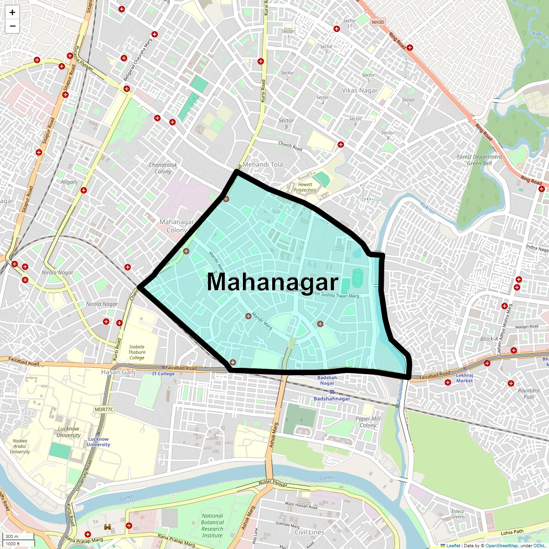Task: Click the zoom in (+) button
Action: pyautogui.click(x=12, y=13)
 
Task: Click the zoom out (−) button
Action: pyautogui.click(x=12, y=26)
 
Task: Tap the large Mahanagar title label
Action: pyautogui.click(x=273, y=282)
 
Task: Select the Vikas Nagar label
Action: pyautogui.click(x=360, y=91)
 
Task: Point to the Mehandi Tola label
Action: pyautogui.click(x=263, y=164)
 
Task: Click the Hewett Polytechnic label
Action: pyautogui.click(x=305, y=187)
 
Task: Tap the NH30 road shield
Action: pyautogui.click(x=378, y=22)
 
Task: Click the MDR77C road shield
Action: pyautogui.click(x=103, y=409)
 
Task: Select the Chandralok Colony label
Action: pyautogui.click(x=163, y=168)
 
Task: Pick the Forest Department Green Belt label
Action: pyautogui.click(x=479, y=160)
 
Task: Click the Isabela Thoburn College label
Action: pyautogui.click(x=137, y=352)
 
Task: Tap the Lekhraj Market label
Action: pyautogui.click(x=464, y=377)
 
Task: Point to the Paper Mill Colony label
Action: pyautogui.click(x=368, y=422)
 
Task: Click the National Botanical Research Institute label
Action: pyautogui.click(x=212, y=525)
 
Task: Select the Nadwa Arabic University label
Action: pyautogui.click(x=20, y=446)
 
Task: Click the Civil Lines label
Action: pyautogui.click(x=309, y=532)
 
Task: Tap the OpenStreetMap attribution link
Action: pyautogui.click(x=501, y=545)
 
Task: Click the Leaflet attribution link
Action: pyautogui.click(x=453, y=545)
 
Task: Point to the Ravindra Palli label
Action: pyautogui.click(x=528, y=393)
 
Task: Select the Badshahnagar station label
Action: pyautogui.click(x=332, y=398)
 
